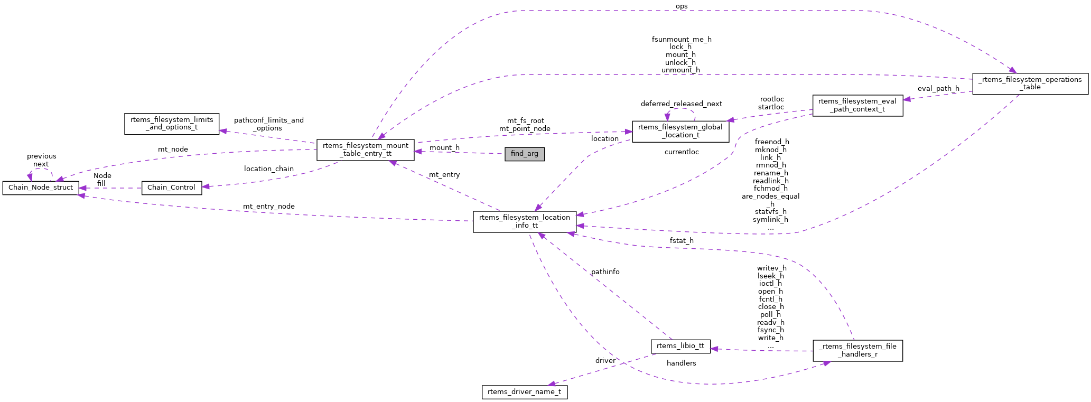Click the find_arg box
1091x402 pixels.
[524, 154]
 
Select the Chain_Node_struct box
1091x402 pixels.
[41, 188]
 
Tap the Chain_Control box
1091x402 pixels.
[171, 188]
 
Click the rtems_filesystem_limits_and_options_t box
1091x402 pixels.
[172, 124]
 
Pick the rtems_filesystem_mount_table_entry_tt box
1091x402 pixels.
[365, 150]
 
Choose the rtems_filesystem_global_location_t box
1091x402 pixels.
[680, 131]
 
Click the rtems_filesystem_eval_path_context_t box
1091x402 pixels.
[857, 106]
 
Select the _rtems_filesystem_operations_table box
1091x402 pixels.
[1030, 83]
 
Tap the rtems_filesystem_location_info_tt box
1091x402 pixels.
[524, 221]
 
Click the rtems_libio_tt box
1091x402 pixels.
[680, 347]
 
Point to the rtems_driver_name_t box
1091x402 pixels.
[524, 392]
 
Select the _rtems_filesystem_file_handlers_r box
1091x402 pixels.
[857, 350]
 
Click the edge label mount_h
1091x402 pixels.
[444, 148]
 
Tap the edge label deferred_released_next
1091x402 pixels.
[681, 104]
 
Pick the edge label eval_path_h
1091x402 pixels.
[938, 89]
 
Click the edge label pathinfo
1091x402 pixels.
[605, 272]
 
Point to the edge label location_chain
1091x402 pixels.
[268, 169]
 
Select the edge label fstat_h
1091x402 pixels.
[681, 241]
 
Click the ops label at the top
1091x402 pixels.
[682, 6]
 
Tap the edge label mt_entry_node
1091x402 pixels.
[268, 207]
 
